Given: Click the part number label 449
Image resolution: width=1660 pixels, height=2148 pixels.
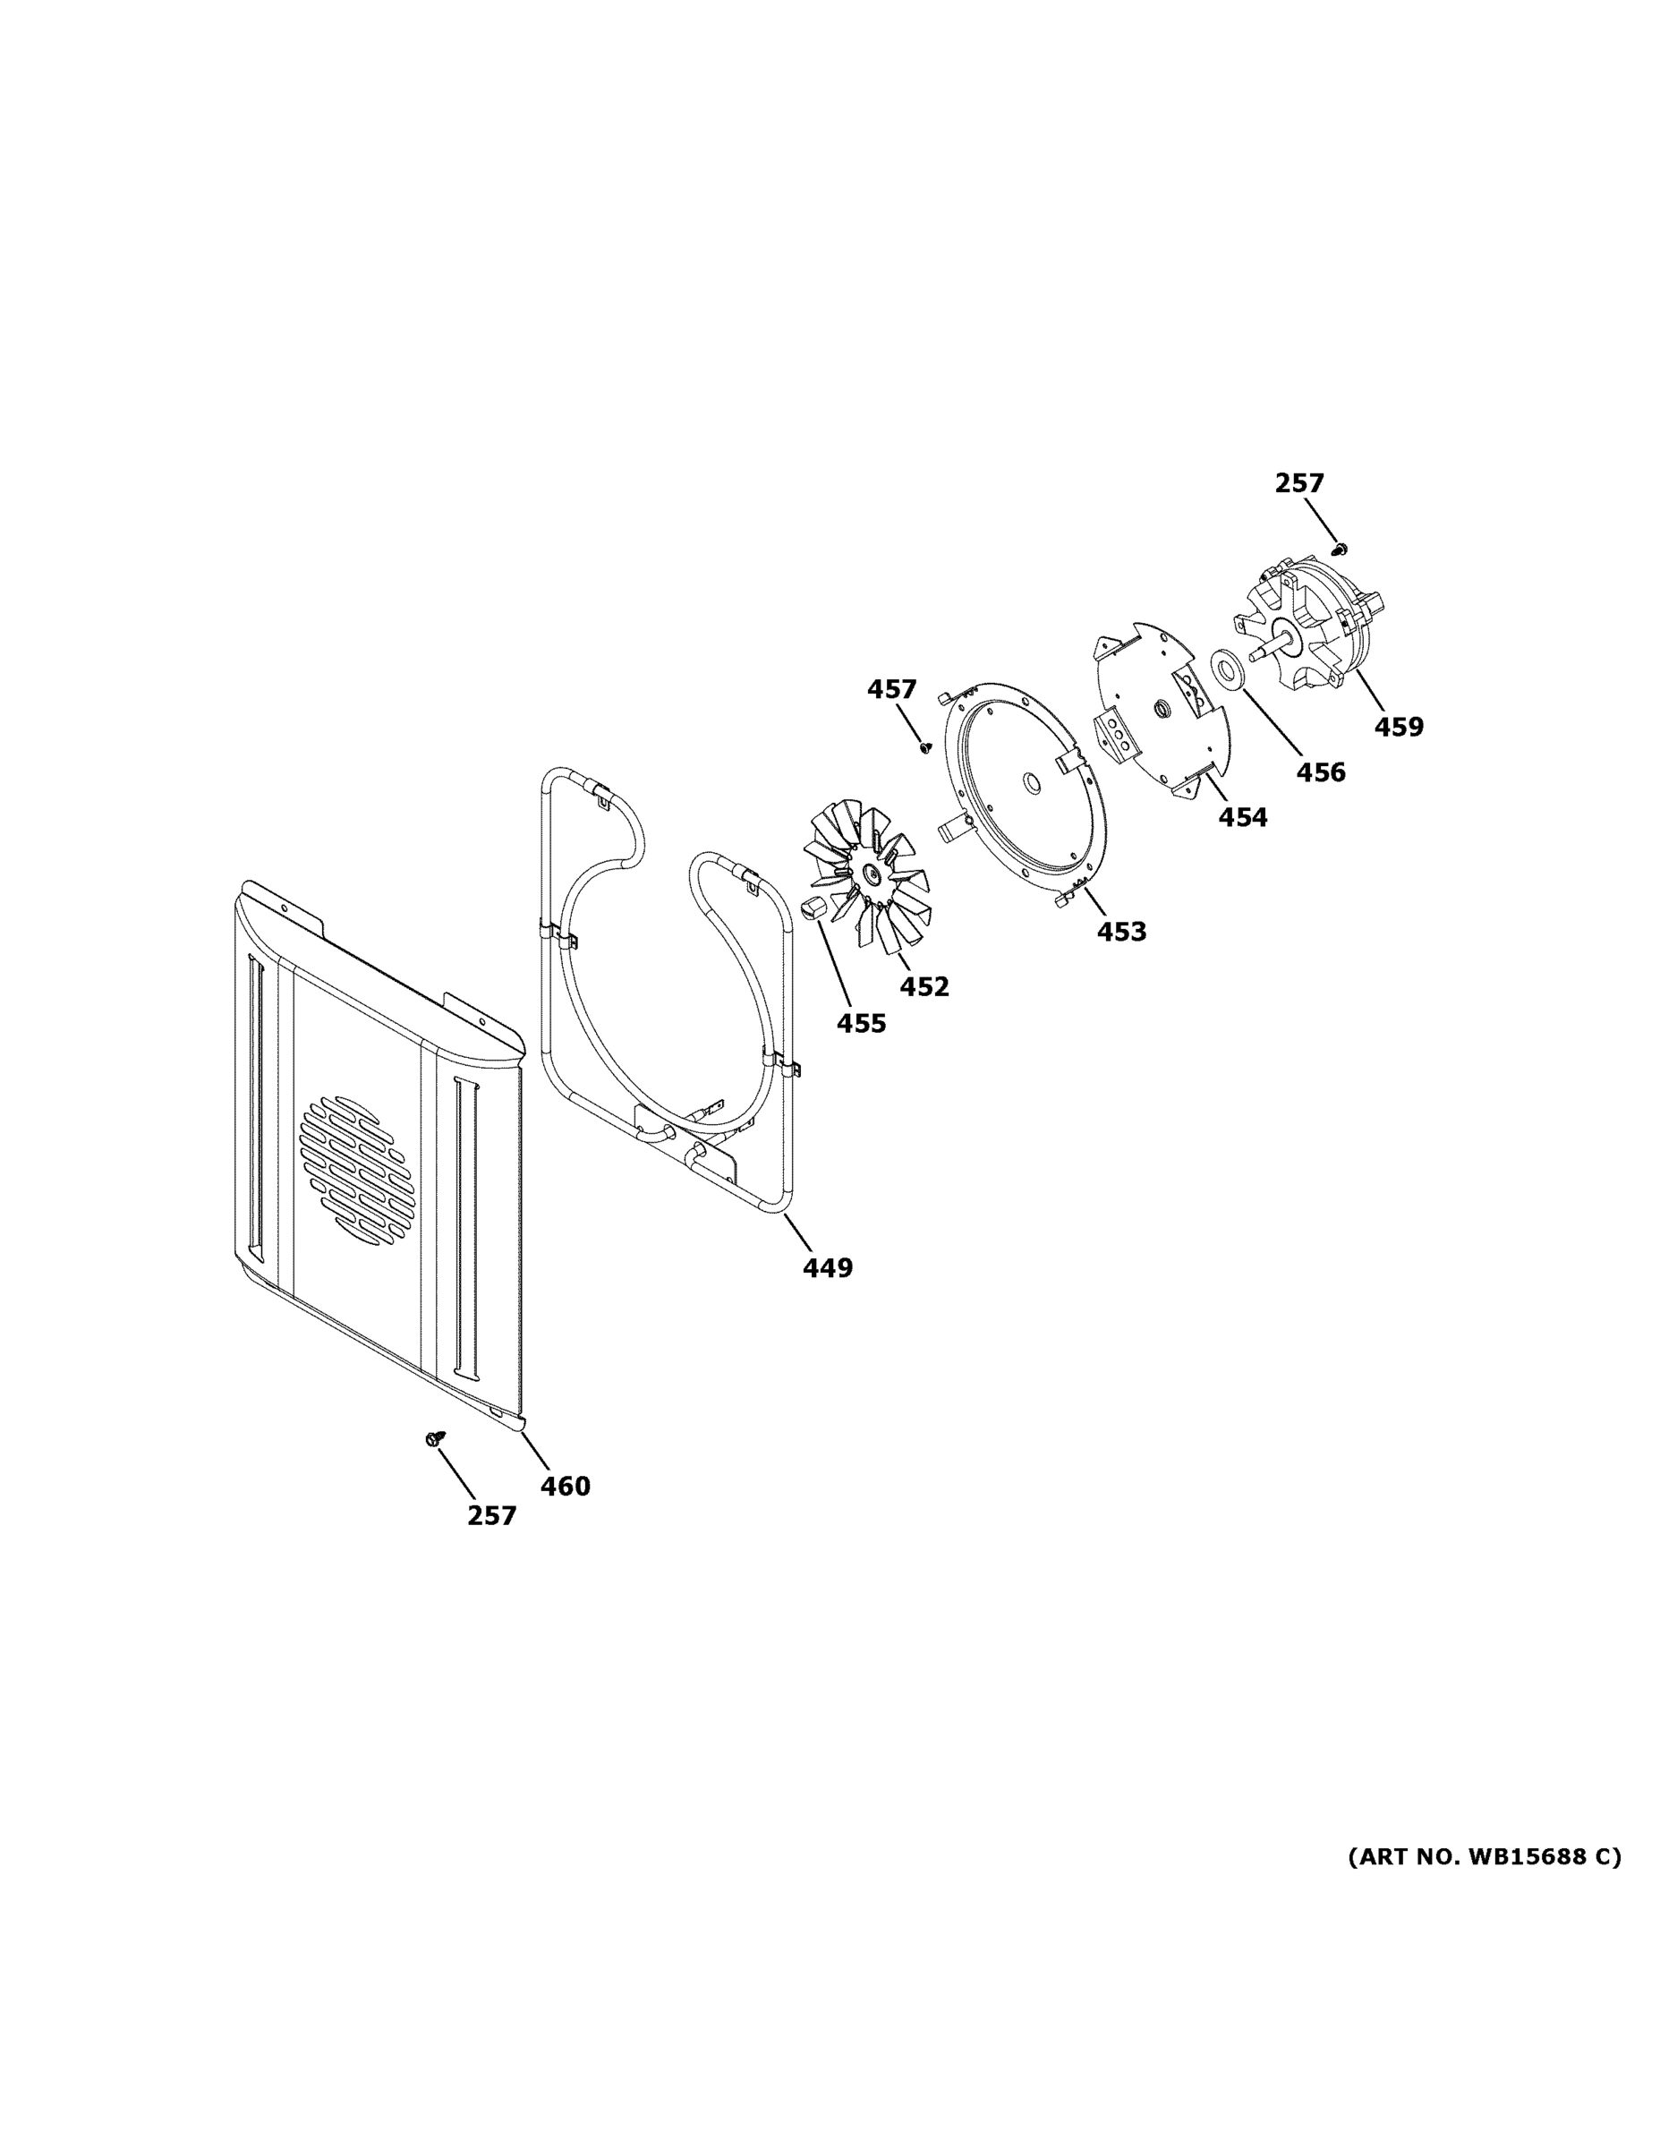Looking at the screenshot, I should [827, 1267].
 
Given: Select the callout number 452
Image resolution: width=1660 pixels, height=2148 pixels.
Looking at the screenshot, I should [924, 985].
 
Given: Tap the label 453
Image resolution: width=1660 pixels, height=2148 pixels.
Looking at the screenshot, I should [1121, 931].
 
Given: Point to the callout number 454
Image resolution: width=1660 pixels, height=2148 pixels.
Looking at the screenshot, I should [1243, 816].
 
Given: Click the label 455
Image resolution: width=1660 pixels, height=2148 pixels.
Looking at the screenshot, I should [861, 1023].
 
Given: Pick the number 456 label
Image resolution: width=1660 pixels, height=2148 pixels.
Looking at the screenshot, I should [1320, 772].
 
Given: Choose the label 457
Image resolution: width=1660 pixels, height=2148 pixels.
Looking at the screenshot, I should [891, 689].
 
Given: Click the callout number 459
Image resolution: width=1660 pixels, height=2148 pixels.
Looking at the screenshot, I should [1399, 727].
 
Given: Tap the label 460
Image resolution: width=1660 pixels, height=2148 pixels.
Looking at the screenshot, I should [566, 1486].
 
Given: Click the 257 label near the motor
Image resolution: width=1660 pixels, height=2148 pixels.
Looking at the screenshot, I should [1299, 483].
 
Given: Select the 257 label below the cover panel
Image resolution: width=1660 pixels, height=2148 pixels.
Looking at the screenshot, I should [491, 1515].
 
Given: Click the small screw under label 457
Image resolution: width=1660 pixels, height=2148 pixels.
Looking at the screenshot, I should [924, 747].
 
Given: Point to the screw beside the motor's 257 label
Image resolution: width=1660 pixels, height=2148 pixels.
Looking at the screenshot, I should [1339, 547].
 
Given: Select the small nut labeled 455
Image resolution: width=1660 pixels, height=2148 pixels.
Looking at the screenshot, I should [812, 908].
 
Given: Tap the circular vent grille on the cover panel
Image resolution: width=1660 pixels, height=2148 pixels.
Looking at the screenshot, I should [358, 1170].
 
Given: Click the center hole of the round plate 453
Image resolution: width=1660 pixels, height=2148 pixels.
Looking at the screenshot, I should [1032, 783].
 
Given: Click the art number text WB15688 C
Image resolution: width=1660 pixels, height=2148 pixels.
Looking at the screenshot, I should [1484, 1856].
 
